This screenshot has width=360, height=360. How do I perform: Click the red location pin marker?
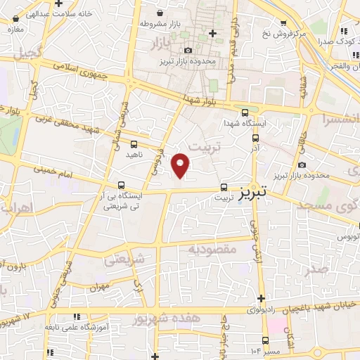[181, 165]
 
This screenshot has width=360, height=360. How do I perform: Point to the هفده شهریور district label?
[169, 318]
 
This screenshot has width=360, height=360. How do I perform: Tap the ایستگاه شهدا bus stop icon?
[245, 111]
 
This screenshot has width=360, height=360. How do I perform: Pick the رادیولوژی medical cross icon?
[262, 298]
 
